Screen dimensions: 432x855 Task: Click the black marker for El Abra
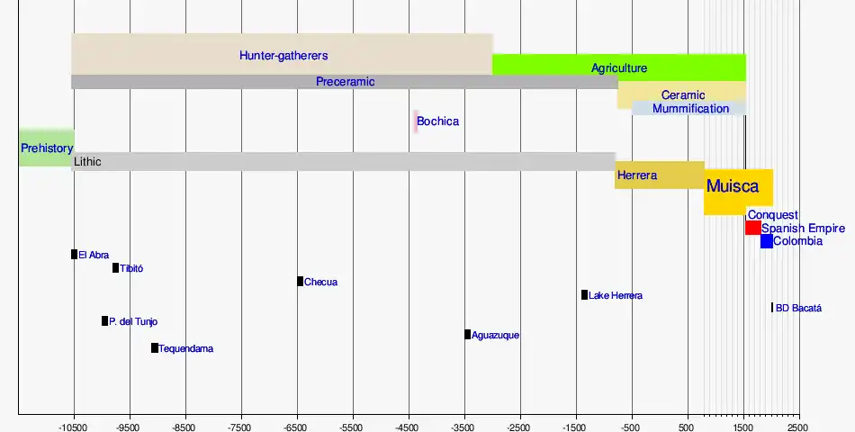[x=75, y=255]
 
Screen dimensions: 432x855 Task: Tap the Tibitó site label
[x=131, y=268]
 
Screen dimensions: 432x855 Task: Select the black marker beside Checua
[x=300, y=282]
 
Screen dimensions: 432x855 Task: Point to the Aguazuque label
[x=495, y=336]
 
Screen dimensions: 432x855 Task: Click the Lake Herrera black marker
[x=584, y=295]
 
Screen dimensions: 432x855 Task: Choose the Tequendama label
[x=186, y=348]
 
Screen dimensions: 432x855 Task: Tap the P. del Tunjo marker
[x=104, y=321]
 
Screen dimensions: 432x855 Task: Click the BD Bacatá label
[x=798, y=308]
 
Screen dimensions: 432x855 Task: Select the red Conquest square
[x=752, y=228]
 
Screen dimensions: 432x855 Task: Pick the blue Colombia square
[x=766, y=241]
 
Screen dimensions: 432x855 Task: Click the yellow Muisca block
[x=738, y=191]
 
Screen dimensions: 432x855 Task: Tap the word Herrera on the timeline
[x=637, y=175]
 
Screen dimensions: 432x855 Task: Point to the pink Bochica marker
[x=416, y=121]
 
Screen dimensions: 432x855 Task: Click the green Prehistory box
[x=46, y=148]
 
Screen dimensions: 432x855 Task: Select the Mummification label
[x=690, y=109]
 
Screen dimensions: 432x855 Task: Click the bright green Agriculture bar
[x=619, y=67]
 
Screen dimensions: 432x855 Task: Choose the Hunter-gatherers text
[x=283, y=55]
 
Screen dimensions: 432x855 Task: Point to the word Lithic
[x=88, y=162]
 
